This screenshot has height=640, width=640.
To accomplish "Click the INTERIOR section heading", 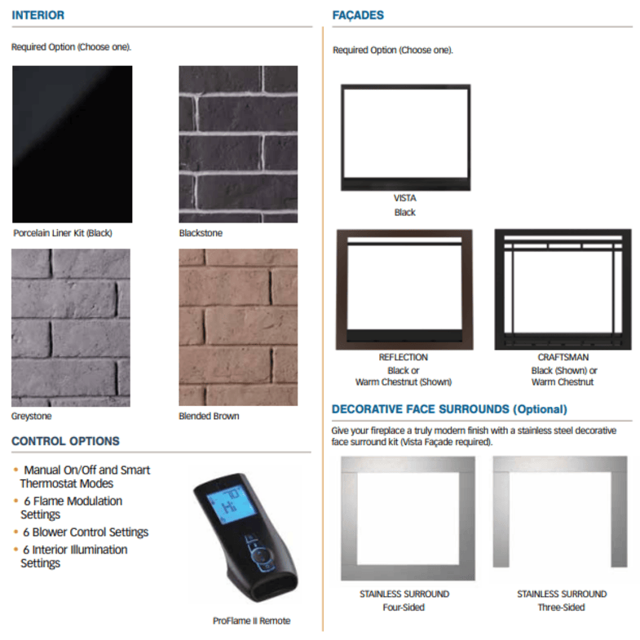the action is pyautogui.click(x=38, y=15).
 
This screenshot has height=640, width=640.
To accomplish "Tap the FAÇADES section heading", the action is pyautogui.click(x=358, y=15).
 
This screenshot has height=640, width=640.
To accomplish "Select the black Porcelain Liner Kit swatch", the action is pyautogui.click(x=73, y=144).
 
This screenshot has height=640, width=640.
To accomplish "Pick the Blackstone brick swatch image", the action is pyautogui.click(x=238, y=144).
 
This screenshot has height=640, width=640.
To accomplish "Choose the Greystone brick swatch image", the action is pyautogui.click(x=71, y=328).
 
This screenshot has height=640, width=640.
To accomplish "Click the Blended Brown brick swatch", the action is pyautogui.click(x=238, y=328).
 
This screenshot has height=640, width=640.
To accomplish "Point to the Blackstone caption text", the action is pyautogui.click(x=201, y=233).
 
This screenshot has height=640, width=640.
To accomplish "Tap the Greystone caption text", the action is pyautogui.click(x=32, y=417).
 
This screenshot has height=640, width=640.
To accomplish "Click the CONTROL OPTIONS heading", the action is pyautogui.click(x=66, y=441).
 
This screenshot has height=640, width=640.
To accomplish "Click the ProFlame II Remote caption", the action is pyautogui.click(x=251, y=620).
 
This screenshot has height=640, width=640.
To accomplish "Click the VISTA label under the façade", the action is pyautogui.click(x=405, y=198).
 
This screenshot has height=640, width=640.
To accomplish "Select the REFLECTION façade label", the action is pyautogui.click(x=404, y=358).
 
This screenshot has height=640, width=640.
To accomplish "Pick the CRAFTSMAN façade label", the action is pyautogui.click(x=563, y=358).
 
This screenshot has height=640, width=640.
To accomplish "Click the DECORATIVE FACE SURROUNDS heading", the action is pyautogui.click(x=449, y=409).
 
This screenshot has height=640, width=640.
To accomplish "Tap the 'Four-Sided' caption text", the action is pyautogui.click(x=404, y=607).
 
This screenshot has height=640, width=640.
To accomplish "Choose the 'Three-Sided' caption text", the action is pyautogui.click(x=562, y=607).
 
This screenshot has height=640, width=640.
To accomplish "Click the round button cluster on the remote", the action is pyautogui.click(x=261, y=556).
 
